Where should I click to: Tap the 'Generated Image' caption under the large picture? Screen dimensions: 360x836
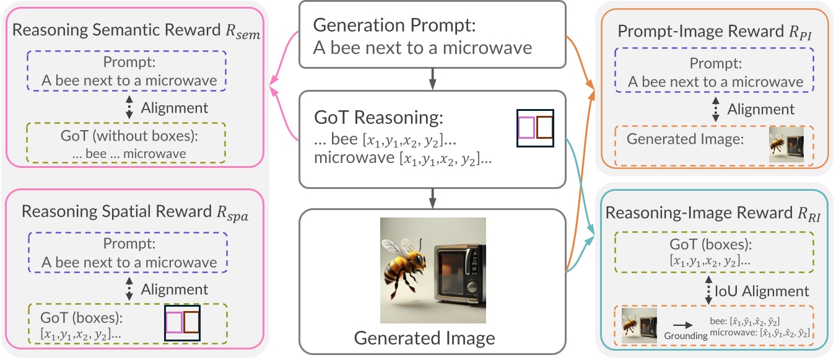click(x=424, y=338)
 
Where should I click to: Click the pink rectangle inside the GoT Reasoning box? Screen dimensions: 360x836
click(x=526, y=128)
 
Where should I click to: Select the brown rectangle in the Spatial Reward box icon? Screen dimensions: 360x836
click(x=191, y=323)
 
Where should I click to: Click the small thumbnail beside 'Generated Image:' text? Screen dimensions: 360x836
click(x=786, y=144)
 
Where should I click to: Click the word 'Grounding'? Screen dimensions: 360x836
click(x=685, y=335)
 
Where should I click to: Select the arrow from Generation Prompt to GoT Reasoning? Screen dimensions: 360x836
click(x=432, y=79)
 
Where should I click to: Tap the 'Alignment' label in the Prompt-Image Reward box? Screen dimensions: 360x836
click(x=760, y=110)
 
